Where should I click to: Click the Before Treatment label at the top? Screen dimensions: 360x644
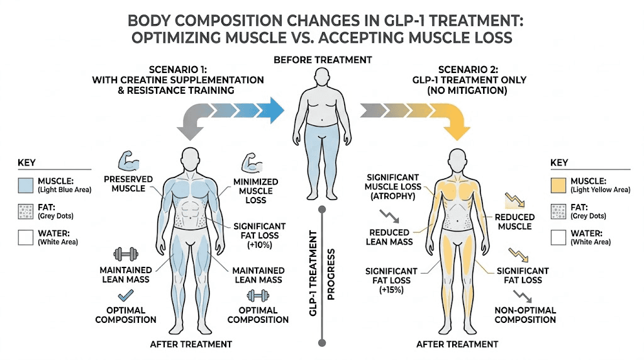tap(322, 60)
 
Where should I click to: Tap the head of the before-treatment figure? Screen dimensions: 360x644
tap(321, 80)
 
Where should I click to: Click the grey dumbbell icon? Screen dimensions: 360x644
tap(125, 254)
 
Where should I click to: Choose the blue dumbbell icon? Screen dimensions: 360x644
tap(258, 295)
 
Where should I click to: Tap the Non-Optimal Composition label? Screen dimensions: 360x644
tap(525, 315)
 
